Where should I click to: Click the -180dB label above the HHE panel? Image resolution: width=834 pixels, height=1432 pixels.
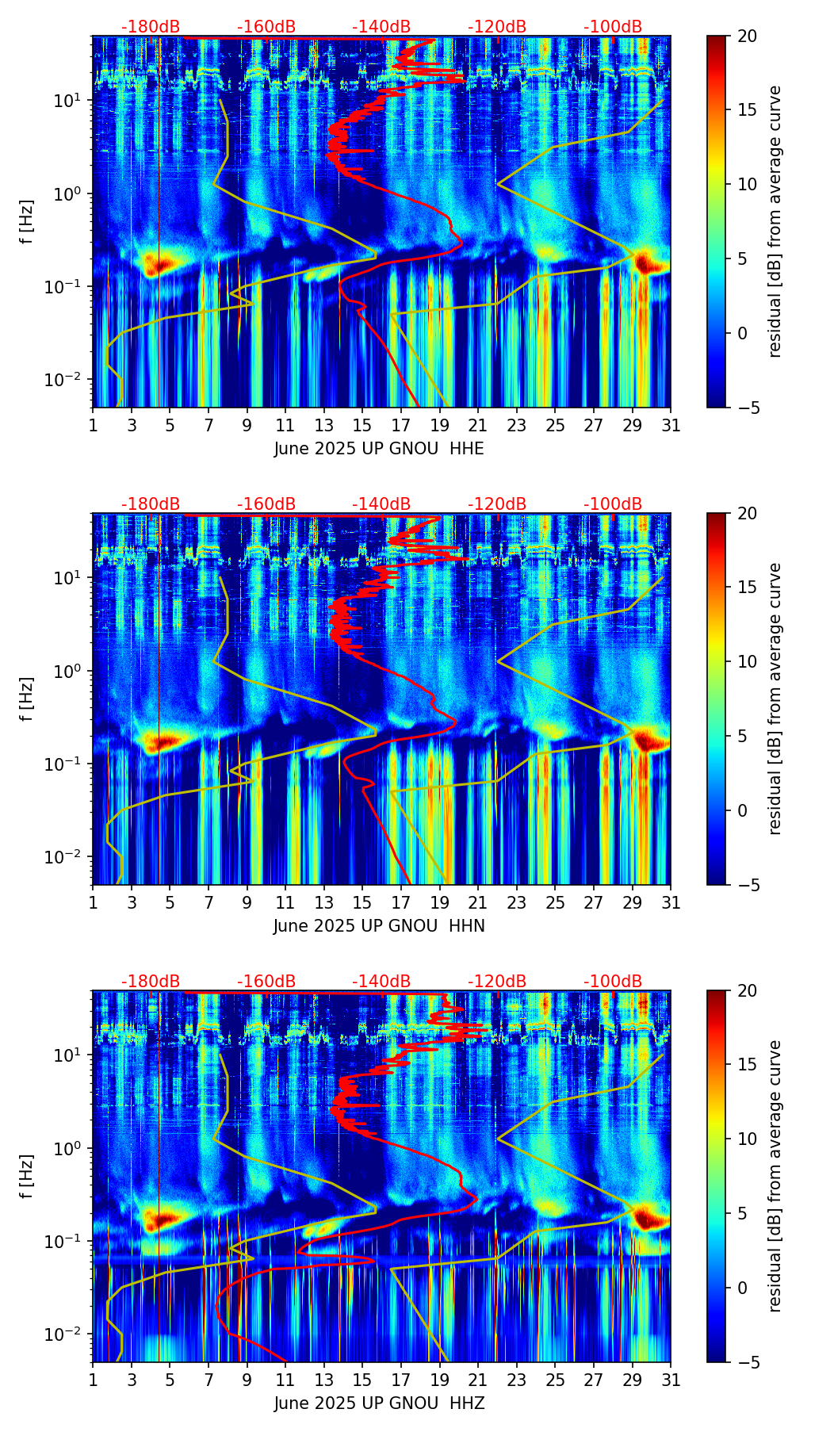[x=151, y=27]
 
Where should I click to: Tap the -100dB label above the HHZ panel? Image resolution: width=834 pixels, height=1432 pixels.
[x=613, y=982]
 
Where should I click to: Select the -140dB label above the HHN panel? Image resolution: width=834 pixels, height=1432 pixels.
[x=381, y=504]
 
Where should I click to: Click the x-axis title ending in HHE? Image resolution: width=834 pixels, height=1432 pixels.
[x=379, y=449]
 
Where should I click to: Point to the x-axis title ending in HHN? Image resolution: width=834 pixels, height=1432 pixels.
[x=379, y=926]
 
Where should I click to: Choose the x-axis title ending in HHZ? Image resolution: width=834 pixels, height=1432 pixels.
[x=379, y=1403]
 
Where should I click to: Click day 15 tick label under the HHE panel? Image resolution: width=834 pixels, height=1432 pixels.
[x=362, y=426]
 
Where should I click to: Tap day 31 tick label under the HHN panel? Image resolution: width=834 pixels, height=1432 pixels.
[x=671, y=903]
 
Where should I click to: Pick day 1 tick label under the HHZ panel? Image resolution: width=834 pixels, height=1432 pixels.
[x=93, y=1380]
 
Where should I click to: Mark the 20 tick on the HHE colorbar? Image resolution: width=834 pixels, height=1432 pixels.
[x=747, y=36]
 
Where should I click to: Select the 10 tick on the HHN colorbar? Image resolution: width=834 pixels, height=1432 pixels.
[x=747, y=661]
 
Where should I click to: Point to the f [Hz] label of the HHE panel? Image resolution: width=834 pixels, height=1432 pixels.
[x=27, y=222]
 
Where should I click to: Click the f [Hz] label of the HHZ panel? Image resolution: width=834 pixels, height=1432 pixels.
[x=27, y=1177]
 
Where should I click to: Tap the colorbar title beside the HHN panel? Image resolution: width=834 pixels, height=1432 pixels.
[x=775, y=699]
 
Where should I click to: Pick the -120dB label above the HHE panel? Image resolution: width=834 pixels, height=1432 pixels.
[x=497, y=27]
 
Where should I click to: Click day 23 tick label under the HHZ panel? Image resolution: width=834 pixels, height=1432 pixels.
[x=517, y=1380]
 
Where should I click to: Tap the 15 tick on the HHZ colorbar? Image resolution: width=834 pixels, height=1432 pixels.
[x=747, y=1065]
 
